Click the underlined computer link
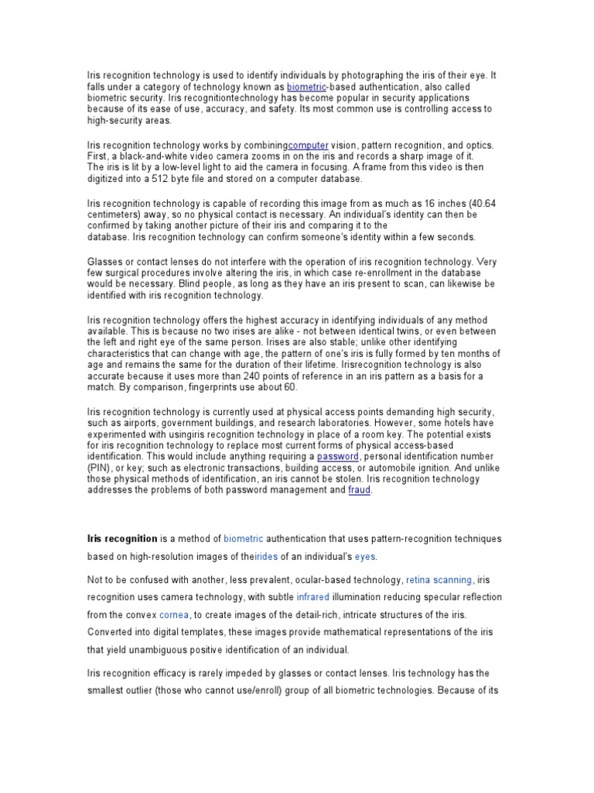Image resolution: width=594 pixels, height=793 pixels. [x=308, y=145]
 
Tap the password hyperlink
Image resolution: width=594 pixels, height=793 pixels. [x=338, y=457]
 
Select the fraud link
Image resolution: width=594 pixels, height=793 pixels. [x=360, y=490]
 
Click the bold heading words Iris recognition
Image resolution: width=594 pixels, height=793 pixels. [x=122, y=537]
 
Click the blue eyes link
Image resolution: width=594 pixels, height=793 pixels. [x=365, y=557]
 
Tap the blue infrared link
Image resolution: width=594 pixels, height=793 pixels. [x=312, y=597]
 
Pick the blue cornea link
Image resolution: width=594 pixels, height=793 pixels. [x=174, y=615]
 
